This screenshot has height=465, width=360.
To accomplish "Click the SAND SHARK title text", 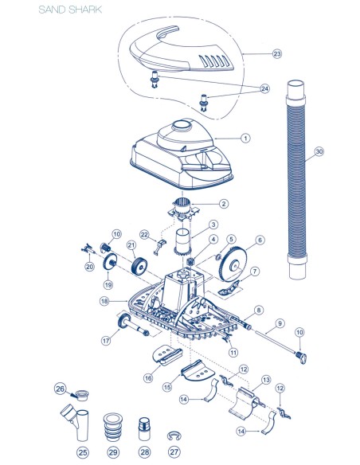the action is pyautogui.click(x=70, y=10).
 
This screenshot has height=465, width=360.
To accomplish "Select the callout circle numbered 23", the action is pyautogui.click(x=276, y=53).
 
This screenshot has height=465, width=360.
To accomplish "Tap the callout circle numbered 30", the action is pyautogui.click(x=319, y=151).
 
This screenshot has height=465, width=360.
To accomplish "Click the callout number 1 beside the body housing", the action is pyautogui.click(x=245, y=138).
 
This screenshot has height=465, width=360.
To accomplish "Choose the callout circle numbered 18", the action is pyautogui.click(x=104, y=301).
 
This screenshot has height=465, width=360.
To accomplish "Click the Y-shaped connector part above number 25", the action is pyautogui.click(x=75, y=422).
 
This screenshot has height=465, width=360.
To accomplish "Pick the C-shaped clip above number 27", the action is pyautogui.click(x=174, y=436).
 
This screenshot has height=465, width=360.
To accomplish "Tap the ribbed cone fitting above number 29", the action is pyautogui.click(x=112, y=427).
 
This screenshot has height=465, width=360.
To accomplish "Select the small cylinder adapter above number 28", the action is pyautogui.click(x=144, y=429).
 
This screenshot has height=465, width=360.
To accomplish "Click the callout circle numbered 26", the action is pyautogui.click(x=60, y=389).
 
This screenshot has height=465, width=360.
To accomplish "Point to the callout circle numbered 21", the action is pyautogui.click(x=131, y=245).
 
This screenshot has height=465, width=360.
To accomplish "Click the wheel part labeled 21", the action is pyautogui.click(x=139, y=266).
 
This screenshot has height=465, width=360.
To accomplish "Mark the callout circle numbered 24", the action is pyautogui.click(x=264, y=88).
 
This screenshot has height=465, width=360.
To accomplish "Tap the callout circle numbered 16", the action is pyautogui.click(x=148, y=377).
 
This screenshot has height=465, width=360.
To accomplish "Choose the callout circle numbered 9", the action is pyautogui.click(x=280, y=323).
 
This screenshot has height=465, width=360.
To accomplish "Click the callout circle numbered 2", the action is pyautogui.click(x=224, y=204).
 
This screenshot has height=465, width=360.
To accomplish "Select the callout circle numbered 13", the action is pyautogui.click(x=266, y=380).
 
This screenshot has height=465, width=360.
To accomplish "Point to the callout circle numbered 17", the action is pyautogui.click(x=106, y=341).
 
